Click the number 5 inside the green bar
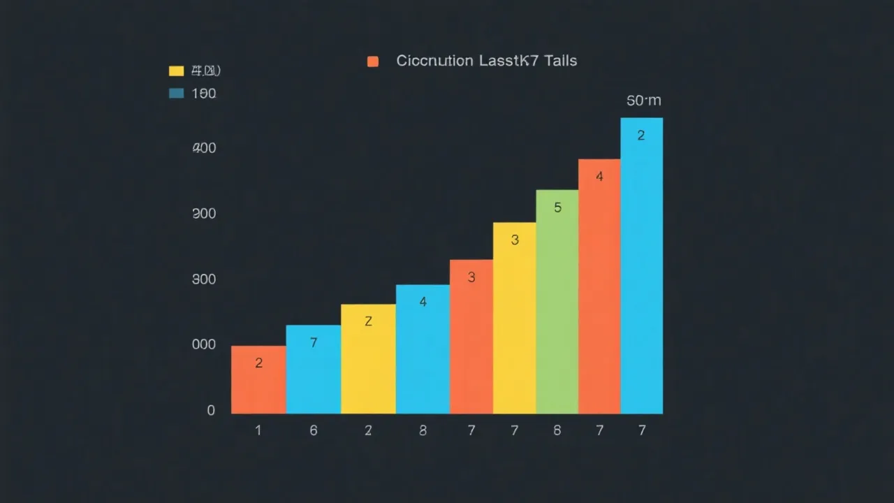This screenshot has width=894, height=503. coord(557,207)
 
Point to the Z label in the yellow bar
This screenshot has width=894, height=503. coord(368,321)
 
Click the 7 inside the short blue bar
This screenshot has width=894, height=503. coord(314,342)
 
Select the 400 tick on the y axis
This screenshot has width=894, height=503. coord(205,148)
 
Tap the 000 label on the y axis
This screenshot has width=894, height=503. coord(204,344)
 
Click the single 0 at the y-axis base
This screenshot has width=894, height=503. coord(211,411)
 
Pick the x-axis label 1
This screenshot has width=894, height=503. coord(258,430)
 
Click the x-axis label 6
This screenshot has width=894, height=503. coord(314,430)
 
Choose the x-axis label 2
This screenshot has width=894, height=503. coord(368,430)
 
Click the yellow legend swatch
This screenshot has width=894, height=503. coord(176,71)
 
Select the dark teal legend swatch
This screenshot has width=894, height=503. coord(176,93)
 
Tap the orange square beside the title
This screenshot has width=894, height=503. coord(373,61)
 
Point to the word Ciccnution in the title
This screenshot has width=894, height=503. coord(434,61)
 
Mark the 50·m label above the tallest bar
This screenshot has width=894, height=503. coord(643,101)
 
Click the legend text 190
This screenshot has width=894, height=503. coord(204,93)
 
